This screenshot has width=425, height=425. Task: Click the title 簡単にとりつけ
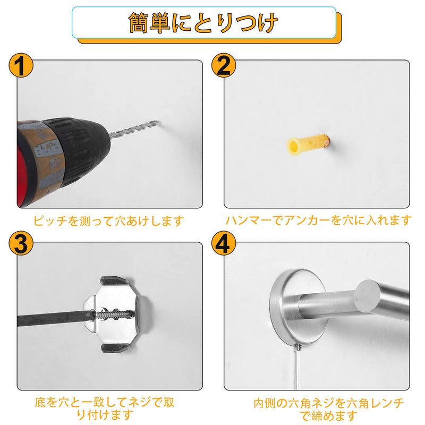click(203, 23)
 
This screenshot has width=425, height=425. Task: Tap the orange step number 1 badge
click(21, 65)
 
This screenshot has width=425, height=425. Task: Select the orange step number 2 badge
click(224, 65)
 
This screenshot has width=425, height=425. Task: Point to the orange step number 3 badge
click(21, 243)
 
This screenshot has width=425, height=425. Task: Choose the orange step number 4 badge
click(224, 243)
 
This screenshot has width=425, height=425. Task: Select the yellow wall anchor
click(308, 144)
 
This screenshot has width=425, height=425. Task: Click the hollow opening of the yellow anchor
click(293, 147)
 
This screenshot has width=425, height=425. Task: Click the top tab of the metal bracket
click(116, 282)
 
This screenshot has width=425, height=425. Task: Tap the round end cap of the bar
click(367, 296)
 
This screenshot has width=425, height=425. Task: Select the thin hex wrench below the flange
click(297, 367)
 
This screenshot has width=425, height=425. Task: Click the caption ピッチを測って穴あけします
click(109, 221)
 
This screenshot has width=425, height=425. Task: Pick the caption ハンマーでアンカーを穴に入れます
click(318, 220)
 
